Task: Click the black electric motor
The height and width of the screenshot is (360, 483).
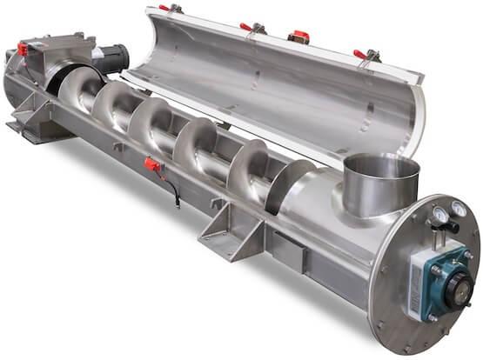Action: click(109, 59)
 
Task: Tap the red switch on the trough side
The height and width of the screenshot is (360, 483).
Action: click(151, 164)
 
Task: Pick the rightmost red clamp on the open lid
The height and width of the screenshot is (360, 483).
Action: click(359, 55)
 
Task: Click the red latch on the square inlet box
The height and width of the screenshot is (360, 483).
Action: click(22, 49)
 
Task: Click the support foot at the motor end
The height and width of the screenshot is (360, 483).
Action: click(35, 122)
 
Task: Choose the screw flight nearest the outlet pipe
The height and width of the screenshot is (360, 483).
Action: click(287, 187)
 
